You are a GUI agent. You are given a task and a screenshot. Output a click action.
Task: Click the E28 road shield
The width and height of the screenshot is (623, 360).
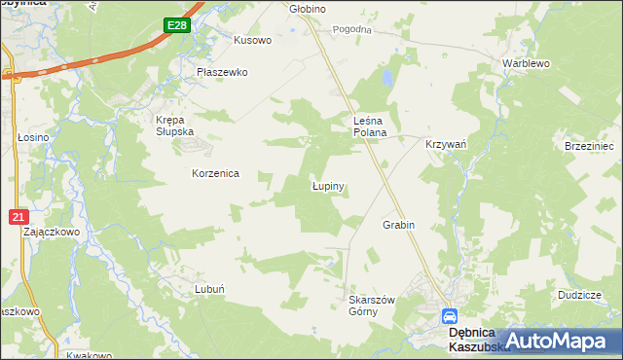(176, 26)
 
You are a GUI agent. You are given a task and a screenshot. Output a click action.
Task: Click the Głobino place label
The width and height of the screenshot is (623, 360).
(309, 9)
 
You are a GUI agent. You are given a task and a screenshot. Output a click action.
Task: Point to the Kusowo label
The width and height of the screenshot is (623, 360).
(252, 41)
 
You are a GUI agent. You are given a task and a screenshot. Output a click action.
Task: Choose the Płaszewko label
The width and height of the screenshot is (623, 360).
(223, 72)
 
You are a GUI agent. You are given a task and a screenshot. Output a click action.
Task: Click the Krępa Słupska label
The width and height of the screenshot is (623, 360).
(176, 126)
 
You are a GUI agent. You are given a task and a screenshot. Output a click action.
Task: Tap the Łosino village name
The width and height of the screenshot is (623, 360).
(32, 138)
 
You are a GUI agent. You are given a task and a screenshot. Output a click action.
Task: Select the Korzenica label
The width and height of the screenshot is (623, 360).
(215, 173)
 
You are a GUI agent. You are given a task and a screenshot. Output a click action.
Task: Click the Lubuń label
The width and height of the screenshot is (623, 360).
(210, 289)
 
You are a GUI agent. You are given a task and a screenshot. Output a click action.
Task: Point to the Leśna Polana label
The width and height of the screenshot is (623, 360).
(370, 126)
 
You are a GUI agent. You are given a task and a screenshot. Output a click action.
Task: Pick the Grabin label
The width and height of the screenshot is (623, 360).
(399, 225)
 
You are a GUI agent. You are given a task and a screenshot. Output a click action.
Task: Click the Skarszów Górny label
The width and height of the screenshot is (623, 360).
(371, 306)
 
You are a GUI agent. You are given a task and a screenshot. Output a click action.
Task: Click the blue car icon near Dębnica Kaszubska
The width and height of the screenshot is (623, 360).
(450, 316)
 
